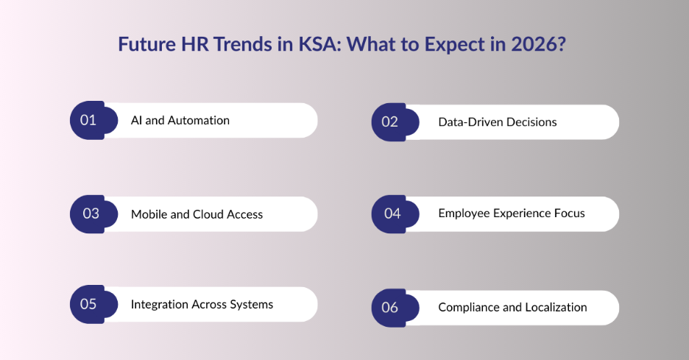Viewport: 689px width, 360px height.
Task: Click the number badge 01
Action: coord(89,120)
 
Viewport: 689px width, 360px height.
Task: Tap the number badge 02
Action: coord(390,121)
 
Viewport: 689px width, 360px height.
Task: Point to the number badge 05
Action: coord(89,304)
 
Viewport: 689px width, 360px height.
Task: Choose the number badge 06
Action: coord(390,307)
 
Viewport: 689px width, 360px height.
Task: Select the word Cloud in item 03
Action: coord(210,214)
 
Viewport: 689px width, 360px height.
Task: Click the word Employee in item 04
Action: coord(464,213)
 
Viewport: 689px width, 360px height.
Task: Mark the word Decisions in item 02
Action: coord(531,121)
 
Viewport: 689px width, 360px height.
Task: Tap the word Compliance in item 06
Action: coord(468,307)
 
